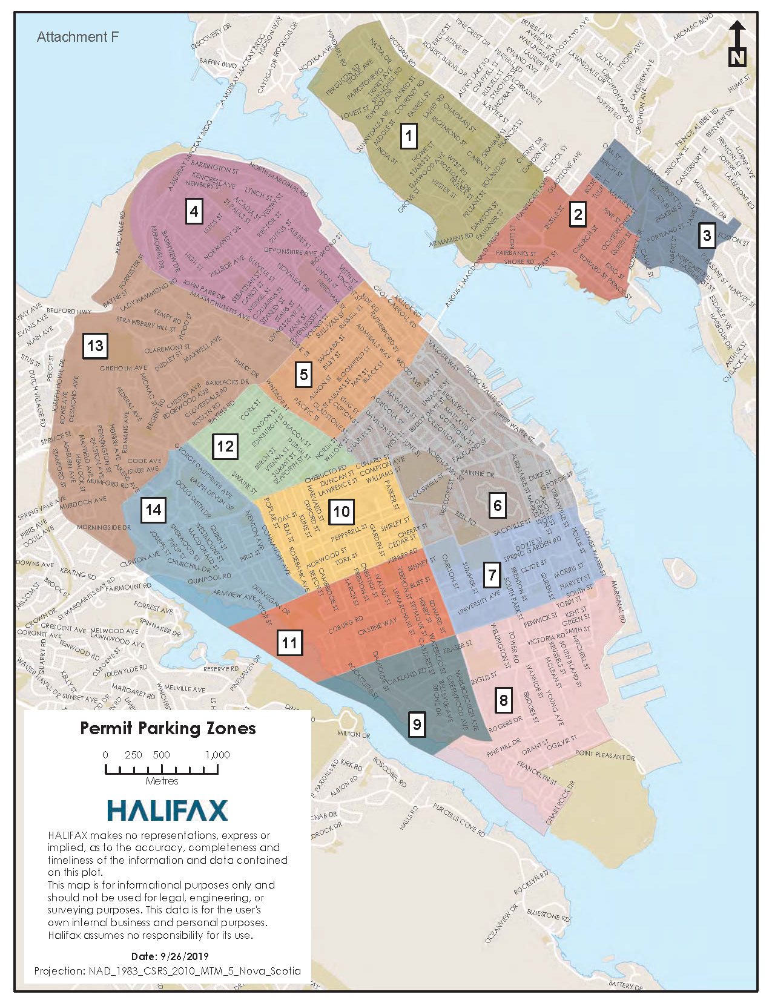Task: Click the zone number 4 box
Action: point(194,212)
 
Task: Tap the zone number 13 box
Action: point(95,346)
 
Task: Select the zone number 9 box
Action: point(417,725)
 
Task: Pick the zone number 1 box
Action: point(409,136)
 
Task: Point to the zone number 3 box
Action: point(707,235)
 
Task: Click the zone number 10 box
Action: point(341,512)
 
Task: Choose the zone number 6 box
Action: point(498,505)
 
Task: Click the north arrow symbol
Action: point(737,44)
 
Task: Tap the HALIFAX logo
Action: point(167,810)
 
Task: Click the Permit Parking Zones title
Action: point(168,728)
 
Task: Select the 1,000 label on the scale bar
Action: point(217,755)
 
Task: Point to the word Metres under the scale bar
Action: point(162,781)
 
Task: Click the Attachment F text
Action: point(78,37)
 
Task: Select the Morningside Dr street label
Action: point(104,527)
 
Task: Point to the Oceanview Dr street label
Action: point(502,924)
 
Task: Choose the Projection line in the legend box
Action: point(167,971)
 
